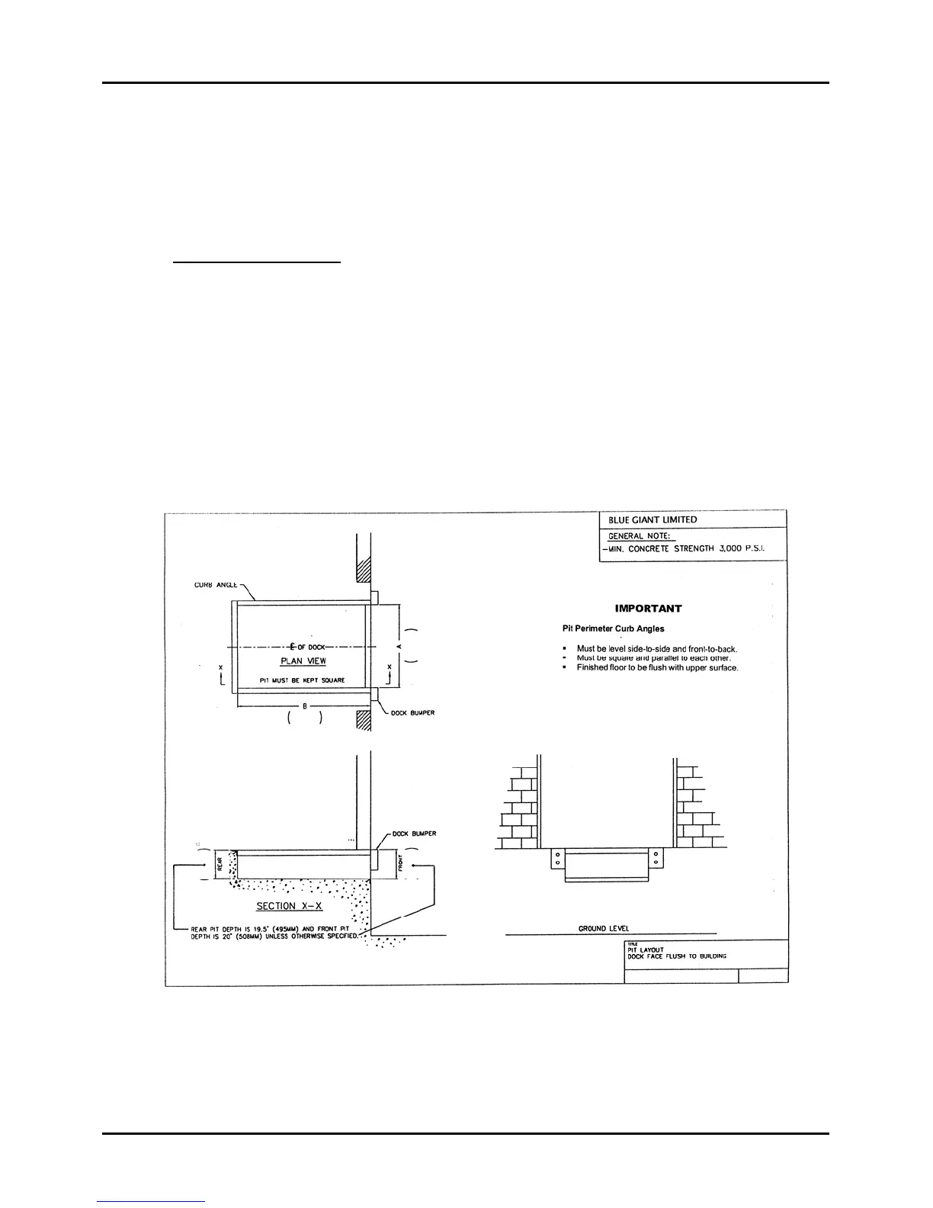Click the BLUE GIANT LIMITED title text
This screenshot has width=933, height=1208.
[x=652, y=519]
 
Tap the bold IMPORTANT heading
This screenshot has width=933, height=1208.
[x=648, y=609]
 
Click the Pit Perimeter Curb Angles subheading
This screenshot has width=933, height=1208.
[x=613, y=628]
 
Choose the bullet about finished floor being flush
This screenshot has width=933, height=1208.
[x=657, y=668]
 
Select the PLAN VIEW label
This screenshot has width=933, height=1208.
[x=303, y=661]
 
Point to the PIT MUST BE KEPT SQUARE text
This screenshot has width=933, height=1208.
[x=302, y=679]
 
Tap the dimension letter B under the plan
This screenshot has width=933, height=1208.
[x=305, y=706]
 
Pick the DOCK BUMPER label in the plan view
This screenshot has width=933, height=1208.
[x=412, y=713]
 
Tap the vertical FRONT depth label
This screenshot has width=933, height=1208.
[x=399, y=864]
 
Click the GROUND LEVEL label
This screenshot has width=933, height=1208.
[x=603, y=928]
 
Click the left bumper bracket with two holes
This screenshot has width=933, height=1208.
[x=557, y=859]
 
